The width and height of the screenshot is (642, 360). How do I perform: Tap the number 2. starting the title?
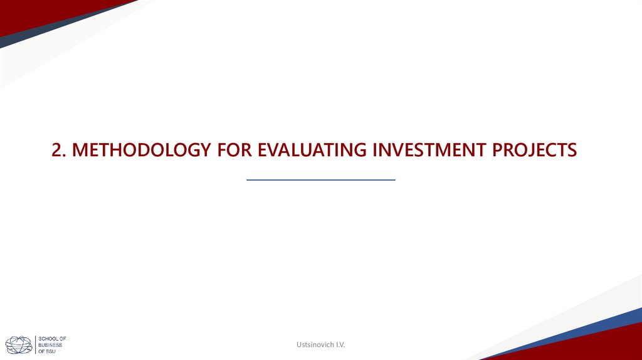pos(60,151)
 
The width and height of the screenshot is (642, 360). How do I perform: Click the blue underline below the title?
pos(321,180)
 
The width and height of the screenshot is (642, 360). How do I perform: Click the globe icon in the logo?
pos(19,344)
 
